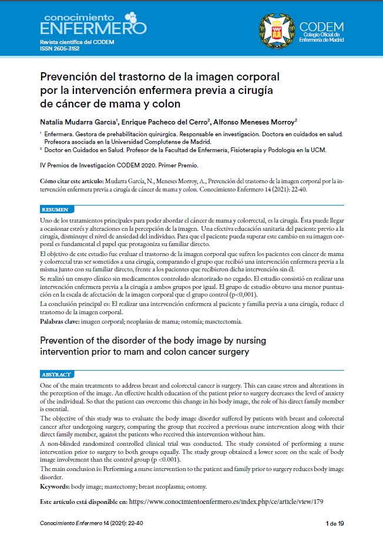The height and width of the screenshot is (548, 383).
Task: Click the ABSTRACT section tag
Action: click(x=57, y=374)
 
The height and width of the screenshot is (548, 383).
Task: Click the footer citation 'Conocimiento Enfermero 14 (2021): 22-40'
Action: click(x=92, y=523)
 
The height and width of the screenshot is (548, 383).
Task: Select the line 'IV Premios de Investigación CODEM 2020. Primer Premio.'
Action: click(x=119, y=164)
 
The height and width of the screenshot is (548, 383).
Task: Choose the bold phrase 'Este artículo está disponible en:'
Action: click(x=83, y=503)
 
